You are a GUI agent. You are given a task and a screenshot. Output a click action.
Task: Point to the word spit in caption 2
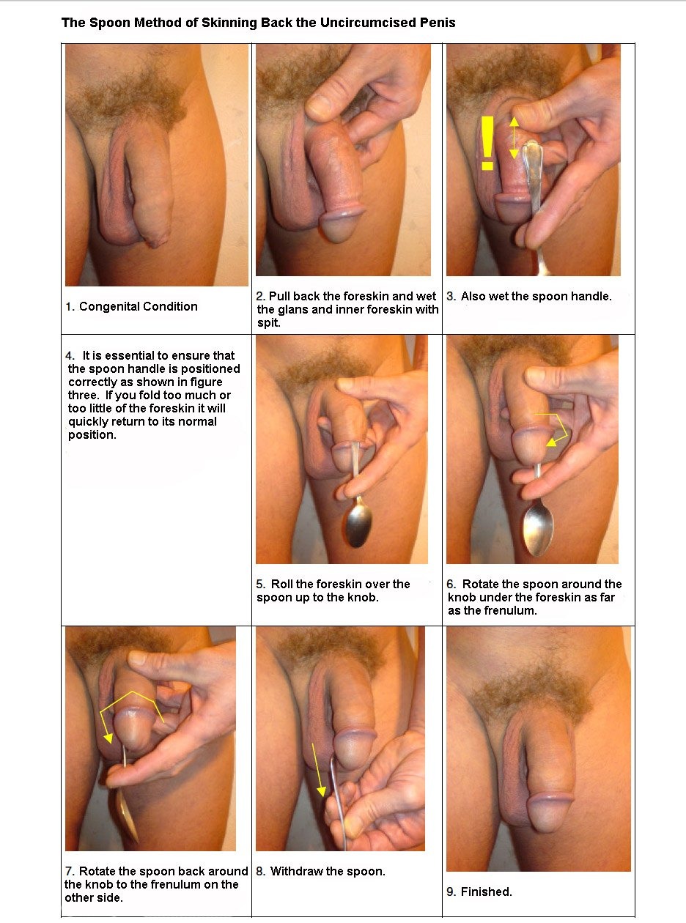[x=268, y=323]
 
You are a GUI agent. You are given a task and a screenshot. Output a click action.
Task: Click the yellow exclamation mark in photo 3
[x=487, y=144]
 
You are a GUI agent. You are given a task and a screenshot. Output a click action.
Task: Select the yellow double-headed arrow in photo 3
[x=514, y=137]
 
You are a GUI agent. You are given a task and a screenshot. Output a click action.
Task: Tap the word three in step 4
[x=83, y=395]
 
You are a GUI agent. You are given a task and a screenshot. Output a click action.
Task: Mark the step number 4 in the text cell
[x=70, y=356]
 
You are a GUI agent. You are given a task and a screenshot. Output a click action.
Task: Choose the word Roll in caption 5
[x=282, y=584]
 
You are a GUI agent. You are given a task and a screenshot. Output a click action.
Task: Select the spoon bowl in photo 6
[x=538, y=530]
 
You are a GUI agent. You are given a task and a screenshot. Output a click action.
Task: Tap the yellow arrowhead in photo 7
[x=108, y=738]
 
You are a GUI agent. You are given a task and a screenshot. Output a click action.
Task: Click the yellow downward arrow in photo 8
[x=317, y=769]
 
